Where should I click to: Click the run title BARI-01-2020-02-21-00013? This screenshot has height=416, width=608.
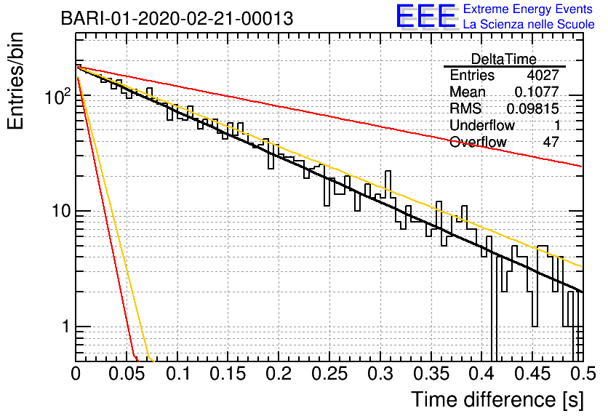pos(177,19)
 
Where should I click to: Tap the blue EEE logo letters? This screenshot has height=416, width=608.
pos(425,16)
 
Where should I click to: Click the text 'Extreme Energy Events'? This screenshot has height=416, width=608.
pos(528,9)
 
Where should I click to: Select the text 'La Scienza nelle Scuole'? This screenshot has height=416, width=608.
pos(529,25)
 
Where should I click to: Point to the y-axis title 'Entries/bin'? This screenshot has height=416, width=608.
pos(15,81)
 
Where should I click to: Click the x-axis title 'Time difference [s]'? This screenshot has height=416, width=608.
pos(497,400)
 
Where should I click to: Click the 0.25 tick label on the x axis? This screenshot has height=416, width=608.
pos(329,374)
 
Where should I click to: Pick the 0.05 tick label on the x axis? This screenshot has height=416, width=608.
pos(127,374)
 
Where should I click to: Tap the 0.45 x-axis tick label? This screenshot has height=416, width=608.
pos(532,374)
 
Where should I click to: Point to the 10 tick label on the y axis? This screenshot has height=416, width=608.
pos(61,212)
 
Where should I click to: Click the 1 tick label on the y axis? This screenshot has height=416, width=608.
pos(65,327)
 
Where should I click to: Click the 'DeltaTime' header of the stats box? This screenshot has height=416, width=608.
pos(504,59)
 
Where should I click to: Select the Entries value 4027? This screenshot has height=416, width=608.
pos(543,75)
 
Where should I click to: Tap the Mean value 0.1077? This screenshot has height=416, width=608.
pos(537,92)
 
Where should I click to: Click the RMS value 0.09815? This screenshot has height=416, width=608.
pos(533,109)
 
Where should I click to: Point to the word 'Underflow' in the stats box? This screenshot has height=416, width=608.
pos(482,125)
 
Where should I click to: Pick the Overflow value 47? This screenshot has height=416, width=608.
pos(551,142)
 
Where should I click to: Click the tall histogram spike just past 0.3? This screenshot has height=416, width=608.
pos(388,184)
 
